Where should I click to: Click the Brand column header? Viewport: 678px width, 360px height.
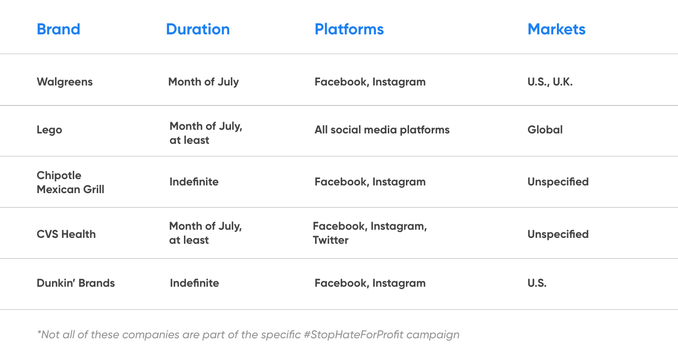pyautogui.click(x=58, y=29)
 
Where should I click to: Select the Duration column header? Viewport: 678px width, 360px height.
pyautogui.click(x=198, y=29)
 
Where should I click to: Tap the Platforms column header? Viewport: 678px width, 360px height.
pyautogui.click(x=349, y=29)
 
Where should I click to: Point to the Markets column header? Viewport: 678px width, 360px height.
pyautogui.click(x=556, y=29)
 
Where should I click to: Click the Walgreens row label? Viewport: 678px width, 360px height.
pyautogui.click(x=65, y=82)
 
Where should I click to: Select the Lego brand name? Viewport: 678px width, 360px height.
pyautogui.click(x=49, y=130)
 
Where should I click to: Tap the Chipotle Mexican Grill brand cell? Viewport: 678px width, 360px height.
pyautogui.click(x=70, y=182)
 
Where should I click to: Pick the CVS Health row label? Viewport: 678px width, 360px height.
pyautogui.click(x=66, y=234)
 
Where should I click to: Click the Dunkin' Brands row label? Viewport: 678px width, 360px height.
pyautogui.click(x=75, y=283)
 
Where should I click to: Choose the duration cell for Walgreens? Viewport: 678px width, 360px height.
pyautogui.click(x=203, y=82)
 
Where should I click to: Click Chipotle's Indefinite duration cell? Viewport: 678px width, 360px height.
pyautogui.click(x=194, y=182)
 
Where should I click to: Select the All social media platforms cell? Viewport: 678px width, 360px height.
pyautogui.click(x=382, y=130)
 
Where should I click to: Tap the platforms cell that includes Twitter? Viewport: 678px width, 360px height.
pyautogui.click(x=370, y=233)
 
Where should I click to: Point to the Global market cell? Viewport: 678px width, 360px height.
pyautogui.click(x=545, y=130)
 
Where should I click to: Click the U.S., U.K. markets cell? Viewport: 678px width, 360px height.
pyautogui.click(x=550, y=82)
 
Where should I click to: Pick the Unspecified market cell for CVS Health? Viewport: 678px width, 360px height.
pyautogui.click(x=558, y=234)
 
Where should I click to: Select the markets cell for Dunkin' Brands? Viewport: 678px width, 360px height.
pyautogui.click(x=537, y=283)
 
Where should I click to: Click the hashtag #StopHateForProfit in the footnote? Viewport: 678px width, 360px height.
pyautogui.click(x=353, y=335)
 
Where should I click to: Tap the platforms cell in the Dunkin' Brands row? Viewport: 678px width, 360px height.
pyautogui.click(x=370, y=283)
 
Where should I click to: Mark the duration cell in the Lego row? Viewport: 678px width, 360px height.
pyautogui.click(x=206, y=133)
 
